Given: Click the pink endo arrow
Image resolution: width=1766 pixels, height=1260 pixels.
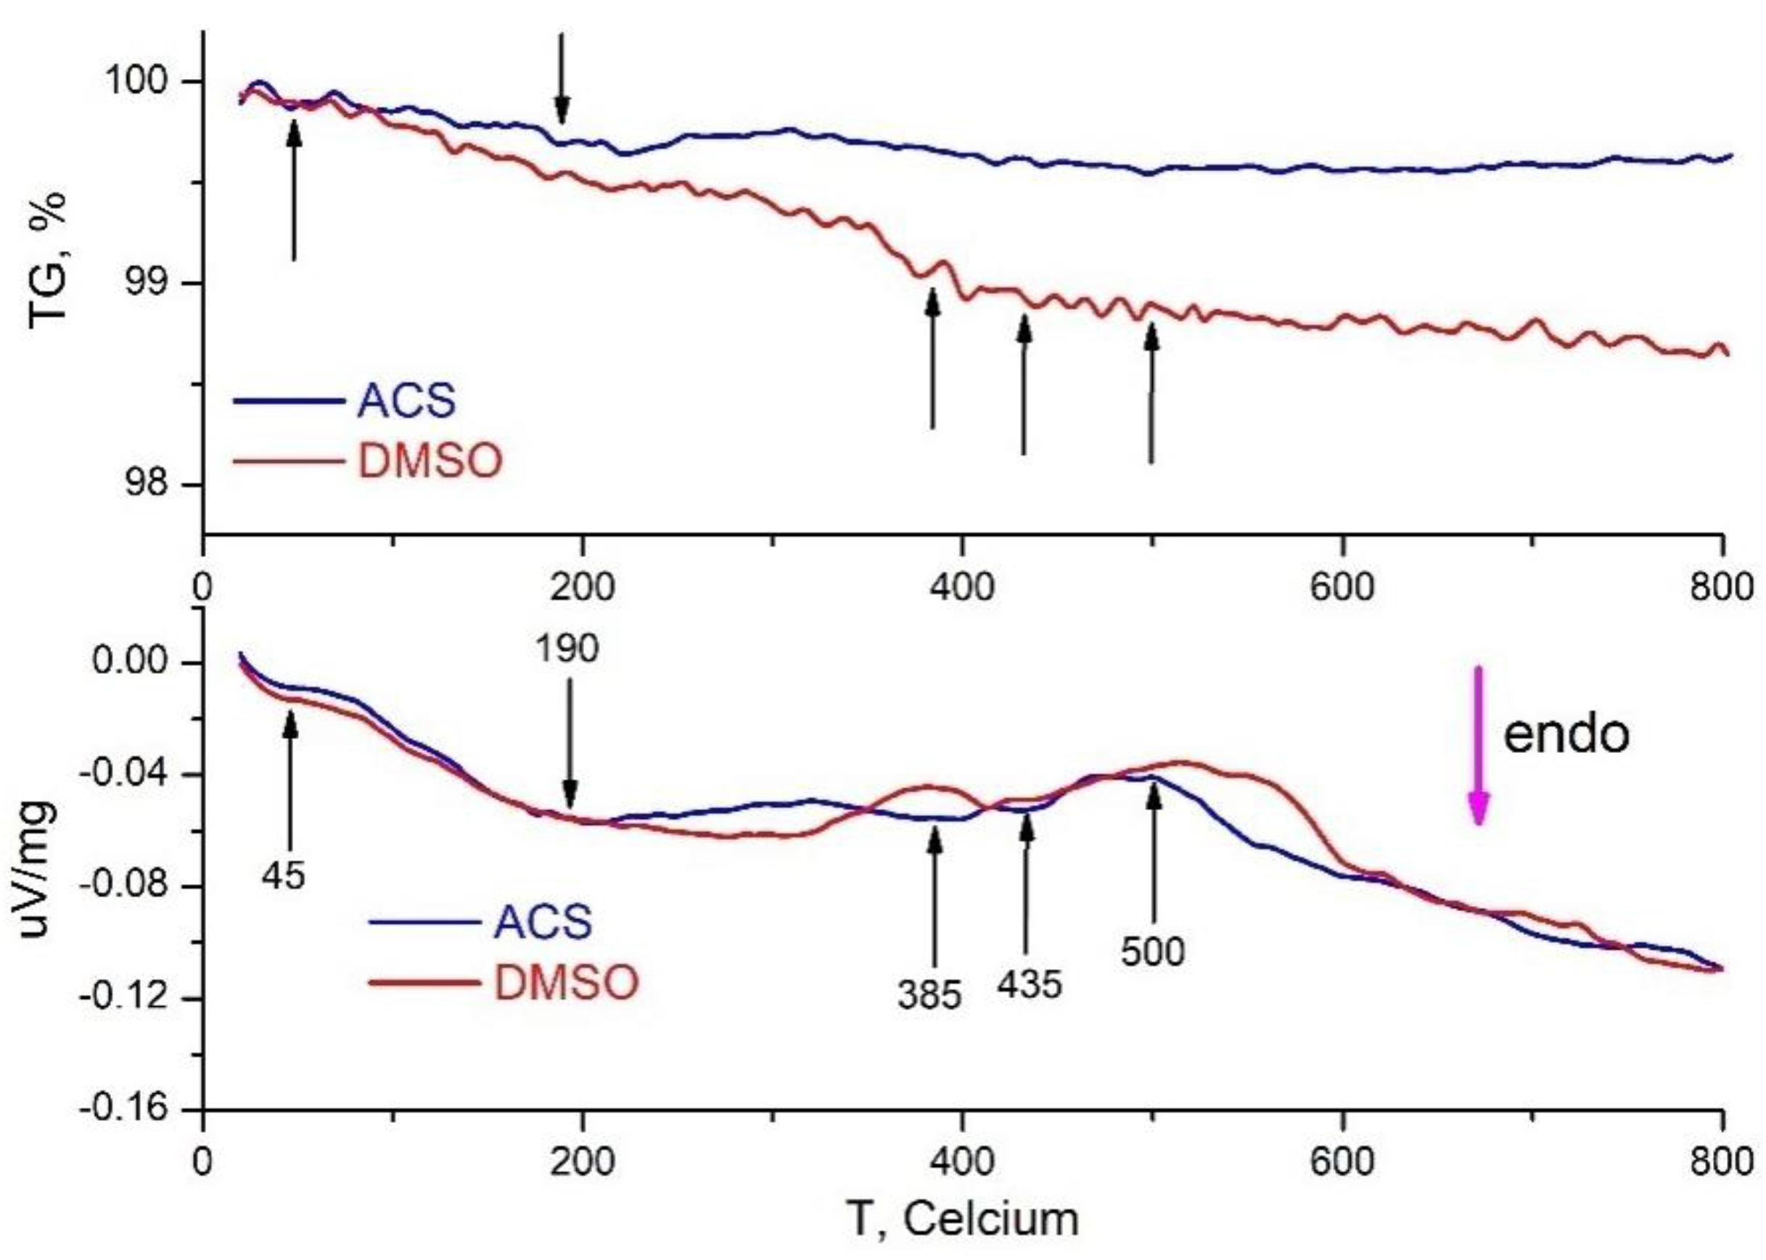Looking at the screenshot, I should (1478, 745).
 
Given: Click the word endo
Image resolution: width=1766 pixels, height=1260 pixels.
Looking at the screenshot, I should (1566, 733).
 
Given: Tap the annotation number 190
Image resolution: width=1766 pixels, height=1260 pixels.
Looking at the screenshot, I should (567, 648).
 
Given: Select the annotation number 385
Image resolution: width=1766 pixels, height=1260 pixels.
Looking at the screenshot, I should (929, 995).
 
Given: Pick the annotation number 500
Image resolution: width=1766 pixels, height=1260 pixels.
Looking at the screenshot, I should (1152, 951).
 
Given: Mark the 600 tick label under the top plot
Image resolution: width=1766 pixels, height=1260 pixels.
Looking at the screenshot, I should (1342, 588).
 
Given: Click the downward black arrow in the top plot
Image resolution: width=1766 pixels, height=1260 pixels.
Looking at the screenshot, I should (562, 78).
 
